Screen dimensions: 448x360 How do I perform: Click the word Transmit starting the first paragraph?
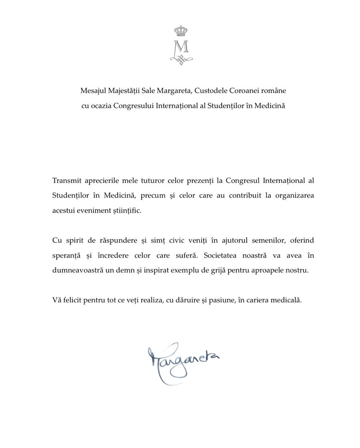click(x=66, y=180)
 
